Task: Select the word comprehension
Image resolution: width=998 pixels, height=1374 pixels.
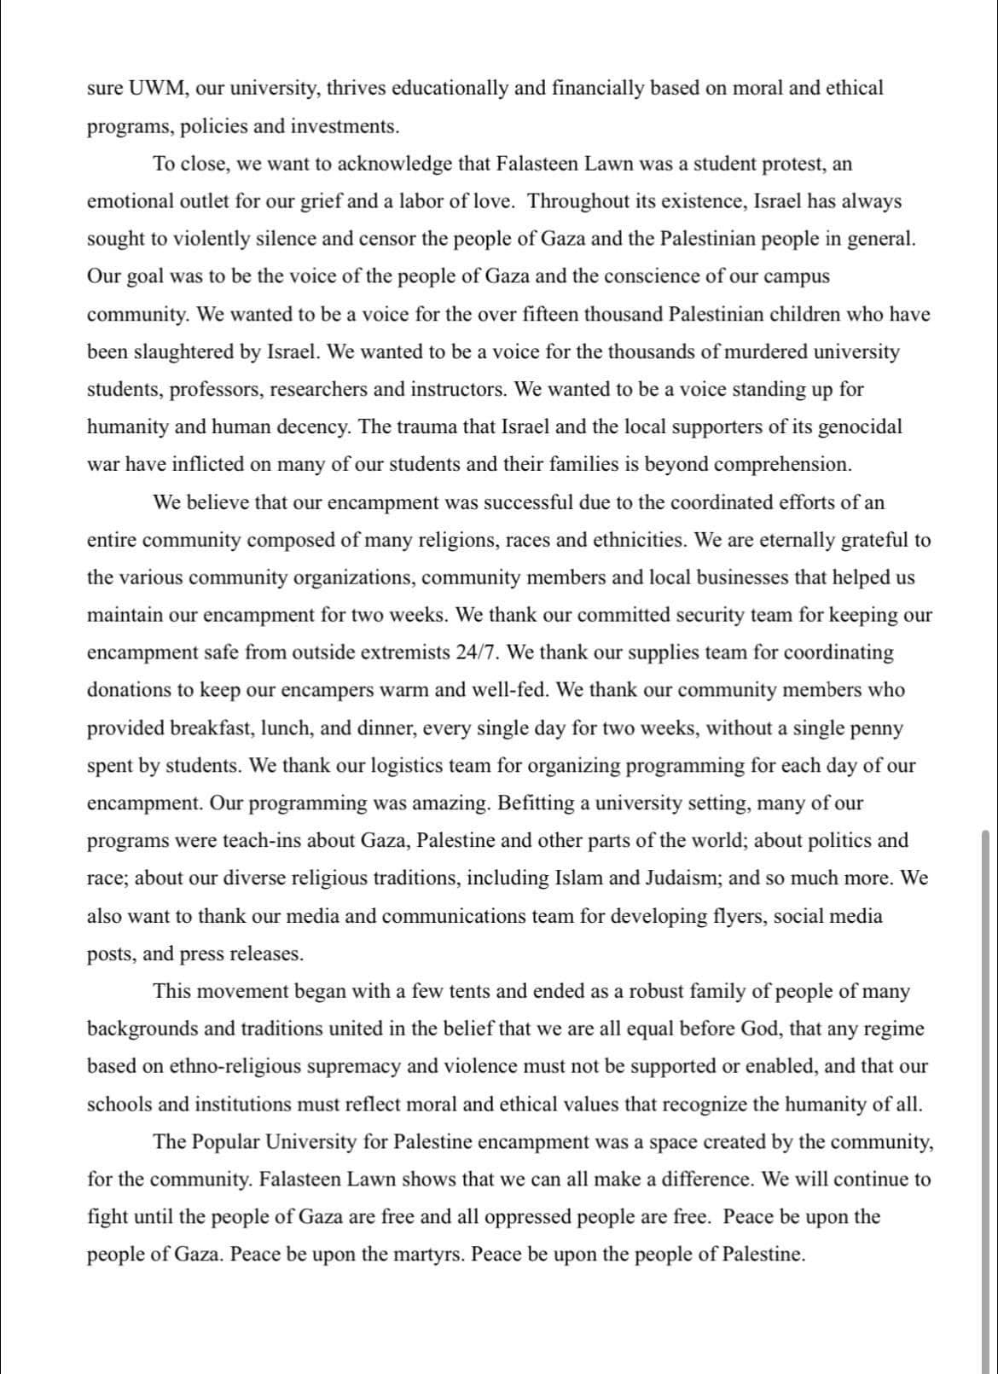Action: tap(781, 465)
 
